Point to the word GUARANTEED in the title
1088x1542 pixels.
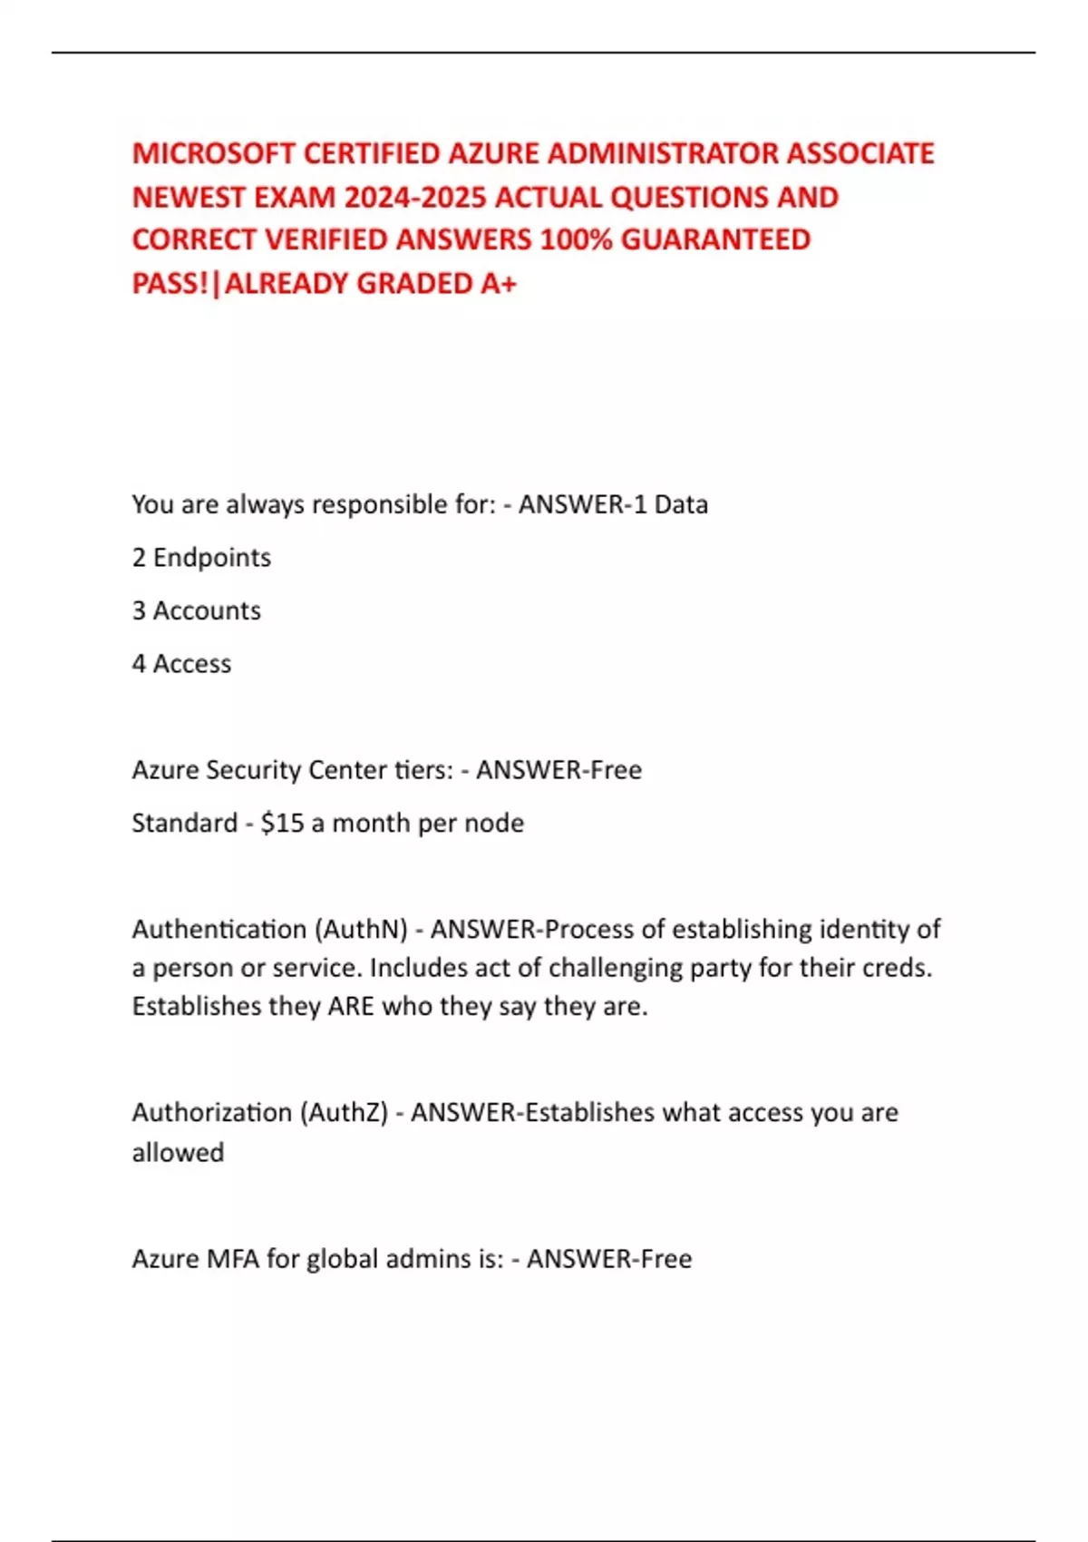(715, 239)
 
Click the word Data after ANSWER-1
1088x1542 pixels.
(681, 504)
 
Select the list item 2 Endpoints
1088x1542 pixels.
(201, 558)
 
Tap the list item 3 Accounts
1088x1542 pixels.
(196, 610)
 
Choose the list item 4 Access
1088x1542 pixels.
(181, 664)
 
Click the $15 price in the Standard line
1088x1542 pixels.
(282, 823)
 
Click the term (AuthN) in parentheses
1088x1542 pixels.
(361, 930)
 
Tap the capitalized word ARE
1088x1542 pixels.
(351, 1007)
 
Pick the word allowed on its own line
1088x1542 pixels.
(178, 1153)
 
